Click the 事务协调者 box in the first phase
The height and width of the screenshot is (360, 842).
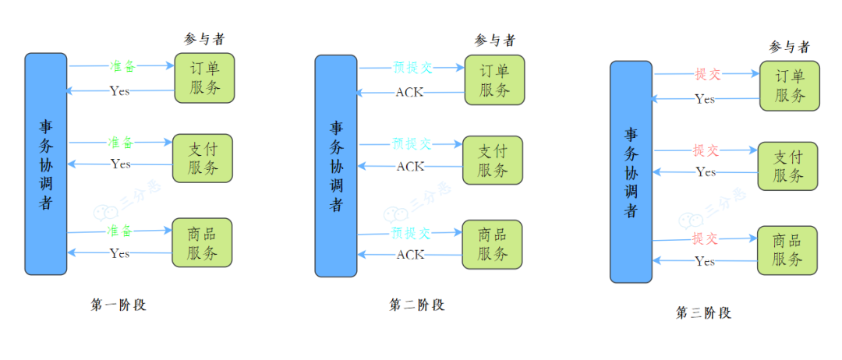(x=45, y=164)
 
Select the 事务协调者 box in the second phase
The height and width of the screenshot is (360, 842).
(x=336, y=165)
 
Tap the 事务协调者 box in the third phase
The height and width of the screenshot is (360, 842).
(x=631, y=171)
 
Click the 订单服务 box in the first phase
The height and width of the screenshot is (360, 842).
(x=204, y=77)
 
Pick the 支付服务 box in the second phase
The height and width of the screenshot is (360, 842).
(x=493, y=161)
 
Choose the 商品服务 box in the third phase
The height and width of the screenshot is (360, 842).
(x=787, y=249)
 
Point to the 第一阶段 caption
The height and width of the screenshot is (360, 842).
(x=119, y=305)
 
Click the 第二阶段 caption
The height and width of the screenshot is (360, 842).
(x=417, y=305)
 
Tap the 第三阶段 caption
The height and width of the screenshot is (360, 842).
(x=703, y=313)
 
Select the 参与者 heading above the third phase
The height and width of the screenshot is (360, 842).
(x=789, y=47)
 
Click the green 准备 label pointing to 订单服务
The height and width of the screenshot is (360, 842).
(x=122, y=67)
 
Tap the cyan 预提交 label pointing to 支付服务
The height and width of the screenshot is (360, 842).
(x=412, y=144)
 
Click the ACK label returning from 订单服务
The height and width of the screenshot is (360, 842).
(x=410, y=93)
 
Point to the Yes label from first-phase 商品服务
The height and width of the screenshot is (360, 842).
(x=120, y=253)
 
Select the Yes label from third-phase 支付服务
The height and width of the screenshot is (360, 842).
(x=706, y=171)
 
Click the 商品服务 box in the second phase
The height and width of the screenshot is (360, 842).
(x=493, y=244)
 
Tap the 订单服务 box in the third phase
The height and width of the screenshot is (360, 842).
(x=790, y=86)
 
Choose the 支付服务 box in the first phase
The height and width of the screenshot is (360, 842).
(x=203, y=158)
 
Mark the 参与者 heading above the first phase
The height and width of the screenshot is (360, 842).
(x=204, y=39)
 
